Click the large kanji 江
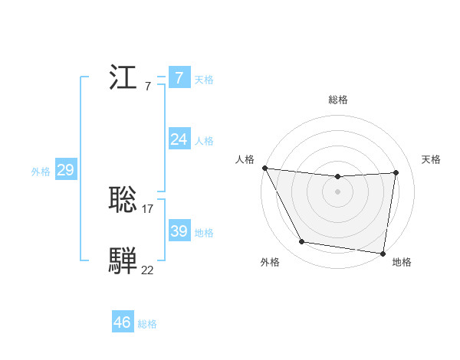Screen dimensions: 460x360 (x=123, y=77)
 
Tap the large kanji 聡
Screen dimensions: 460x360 (x=123, y=200)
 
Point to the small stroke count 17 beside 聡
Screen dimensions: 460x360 (x=148, y=208)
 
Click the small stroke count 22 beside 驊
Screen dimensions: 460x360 (x=147, y=270)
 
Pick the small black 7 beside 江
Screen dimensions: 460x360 (x=147, y=86)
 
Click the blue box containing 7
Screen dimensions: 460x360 (x=179, y=77)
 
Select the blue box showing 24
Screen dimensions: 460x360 (x=179, y=139)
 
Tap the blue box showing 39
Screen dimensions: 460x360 (x=179, y=231)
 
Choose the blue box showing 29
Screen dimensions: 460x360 (x=65, y=170)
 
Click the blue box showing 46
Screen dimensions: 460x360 (x=123, y=322)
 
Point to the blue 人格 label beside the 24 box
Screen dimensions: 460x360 (x=203, y=141)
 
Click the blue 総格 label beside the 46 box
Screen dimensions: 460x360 (x=147, y=325)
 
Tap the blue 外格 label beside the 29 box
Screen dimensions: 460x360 (x=41, y=172)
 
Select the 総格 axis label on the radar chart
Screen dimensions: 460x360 (x=338, y=100)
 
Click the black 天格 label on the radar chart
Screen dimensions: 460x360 (x=431, y=159)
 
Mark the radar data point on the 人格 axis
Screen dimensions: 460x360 (x=264, y=168)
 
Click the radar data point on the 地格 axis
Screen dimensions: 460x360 (x=383, y=253)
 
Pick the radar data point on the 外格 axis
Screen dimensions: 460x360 (x=302, y=242)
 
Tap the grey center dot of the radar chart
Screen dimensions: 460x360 (x=338, y=191)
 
